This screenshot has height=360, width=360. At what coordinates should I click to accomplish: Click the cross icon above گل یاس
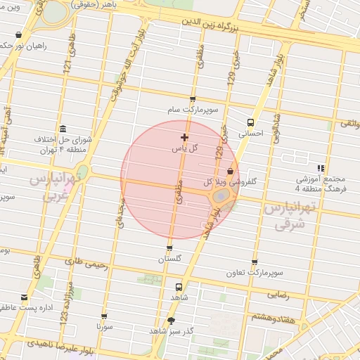(x=184, y=136)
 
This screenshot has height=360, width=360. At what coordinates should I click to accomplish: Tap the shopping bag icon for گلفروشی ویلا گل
(x=231, y=172)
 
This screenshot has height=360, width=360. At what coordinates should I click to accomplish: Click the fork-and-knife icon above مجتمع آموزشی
(x=321, y=168)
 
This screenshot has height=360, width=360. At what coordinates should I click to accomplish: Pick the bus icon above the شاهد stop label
(x=178, y=287)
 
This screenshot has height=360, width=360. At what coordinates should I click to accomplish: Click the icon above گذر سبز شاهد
(x=170, y=321)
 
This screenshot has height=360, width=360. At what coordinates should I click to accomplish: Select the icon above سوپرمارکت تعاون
(x=254, y=262)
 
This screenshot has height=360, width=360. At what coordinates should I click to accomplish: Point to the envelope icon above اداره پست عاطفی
(x=25, y=297)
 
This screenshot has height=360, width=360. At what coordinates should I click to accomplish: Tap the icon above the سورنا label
(x=105, y=317)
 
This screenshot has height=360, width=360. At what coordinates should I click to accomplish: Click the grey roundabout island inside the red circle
(x=221, y=194)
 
